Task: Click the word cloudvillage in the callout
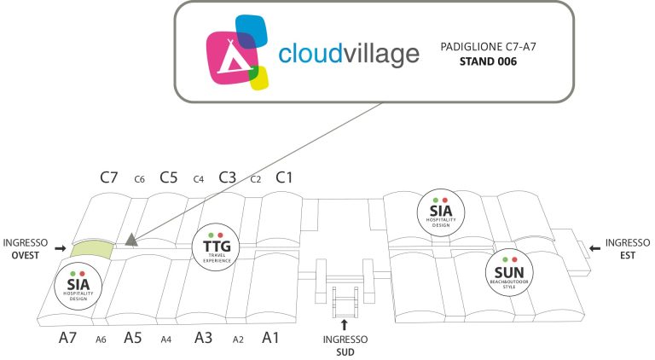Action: coord(349,54)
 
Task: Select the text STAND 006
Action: coord(488,61)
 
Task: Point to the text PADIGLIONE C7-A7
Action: coord(488,47)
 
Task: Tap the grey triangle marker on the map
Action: coord(131,240)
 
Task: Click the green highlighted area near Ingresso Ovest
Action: coord(92,249)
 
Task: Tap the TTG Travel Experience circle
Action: coord(217,247)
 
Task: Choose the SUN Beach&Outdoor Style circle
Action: coord(509,273)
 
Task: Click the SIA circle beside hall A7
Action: coord(78,286)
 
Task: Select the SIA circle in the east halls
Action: coord(441,212)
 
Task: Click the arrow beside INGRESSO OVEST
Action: coord(61,248)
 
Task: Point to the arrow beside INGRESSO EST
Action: coord(594,248)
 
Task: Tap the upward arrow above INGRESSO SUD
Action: coord(345,325)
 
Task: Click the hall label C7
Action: coord(109,177)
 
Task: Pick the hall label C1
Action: coord(284,177)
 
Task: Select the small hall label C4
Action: coord(199,179)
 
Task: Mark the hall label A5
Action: coord(133,338)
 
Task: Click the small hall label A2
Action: coord(238,340)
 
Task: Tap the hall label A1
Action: coord(270,338)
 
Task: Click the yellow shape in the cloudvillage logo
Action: coord(260,78)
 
